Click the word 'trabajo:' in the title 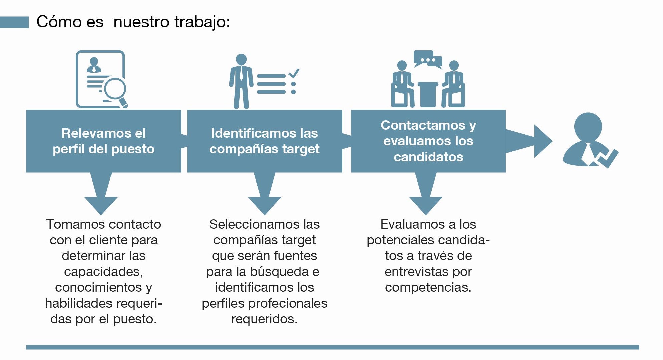[202, 22]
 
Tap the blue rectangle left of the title [14, 22]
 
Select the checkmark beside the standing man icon [294, 73]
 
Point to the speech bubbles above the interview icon [428, 59]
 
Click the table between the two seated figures [428, 94]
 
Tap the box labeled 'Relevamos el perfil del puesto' [103, 141]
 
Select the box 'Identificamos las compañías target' [264, 141]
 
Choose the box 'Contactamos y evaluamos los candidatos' [428, 141]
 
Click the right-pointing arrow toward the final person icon [529, 141]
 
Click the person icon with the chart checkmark [588, 140]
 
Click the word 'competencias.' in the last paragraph [428, 288]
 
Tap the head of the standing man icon [241, 59]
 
